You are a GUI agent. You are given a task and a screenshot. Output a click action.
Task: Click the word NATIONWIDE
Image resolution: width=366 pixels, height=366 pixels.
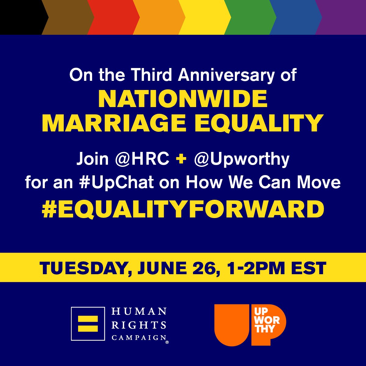(x=183, y=99)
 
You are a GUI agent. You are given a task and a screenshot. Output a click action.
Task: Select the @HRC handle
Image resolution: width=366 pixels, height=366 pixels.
(x=142, y=159)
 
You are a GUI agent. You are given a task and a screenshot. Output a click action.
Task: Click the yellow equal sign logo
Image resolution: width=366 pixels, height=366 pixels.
(x=88, y=324)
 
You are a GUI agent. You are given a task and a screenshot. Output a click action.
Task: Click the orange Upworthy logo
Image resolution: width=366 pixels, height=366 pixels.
(x=250, y=325)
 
